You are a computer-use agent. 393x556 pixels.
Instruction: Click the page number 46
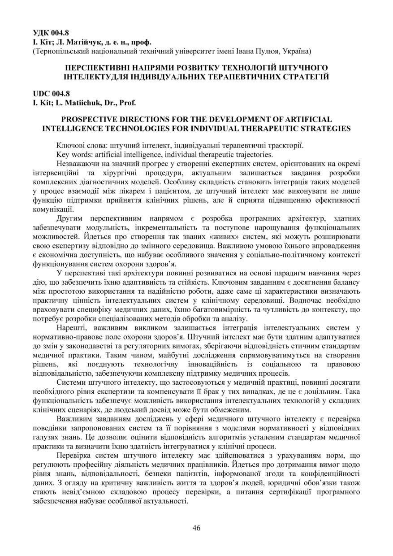(x=196, y=528)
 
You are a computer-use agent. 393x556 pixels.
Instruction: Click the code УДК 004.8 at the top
(x=51, y=32)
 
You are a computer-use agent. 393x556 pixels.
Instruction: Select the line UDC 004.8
(x=51, y=94)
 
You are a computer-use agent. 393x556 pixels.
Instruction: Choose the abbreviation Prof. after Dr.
(x=127, y=102)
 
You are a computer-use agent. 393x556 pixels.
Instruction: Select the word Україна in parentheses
(x=298, y=51)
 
